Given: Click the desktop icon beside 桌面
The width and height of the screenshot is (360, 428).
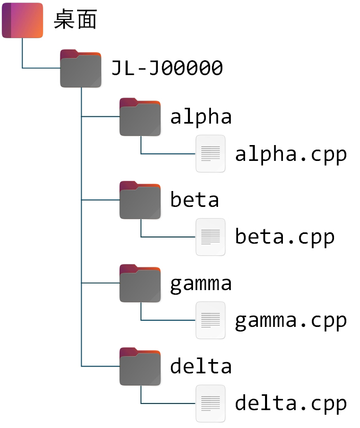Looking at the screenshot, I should [22, 20].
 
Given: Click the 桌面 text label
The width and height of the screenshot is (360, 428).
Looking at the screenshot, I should [75, 20].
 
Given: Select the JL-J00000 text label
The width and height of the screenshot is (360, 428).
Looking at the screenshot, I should [167, 67].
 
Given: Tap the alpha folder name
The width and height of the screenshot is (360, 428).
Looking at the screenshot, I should [201, 117].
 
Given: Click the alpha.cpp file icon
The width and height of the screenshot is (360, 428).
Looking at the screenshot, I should [210, 153].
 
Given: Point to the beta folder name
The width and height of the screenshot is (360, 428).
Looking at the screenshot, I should [195, 200].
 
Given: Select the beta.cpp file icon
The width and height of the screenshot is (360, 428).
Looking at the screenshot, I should [210, 236].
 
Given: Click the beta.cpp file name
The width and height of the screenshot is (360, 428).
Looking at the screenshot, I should [284, 237].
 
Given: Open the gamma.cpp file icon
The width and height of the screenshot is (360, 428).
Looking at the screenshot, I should [210, 320].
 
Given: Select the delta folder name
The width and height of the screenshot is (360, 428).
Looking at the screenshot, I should [201, 366].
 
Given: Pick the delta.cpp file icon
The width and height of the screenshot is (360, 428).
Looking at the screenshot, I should [210, 403].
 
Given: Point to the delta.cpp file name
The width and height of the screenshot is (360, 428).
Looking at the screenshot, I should [291, 403].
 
